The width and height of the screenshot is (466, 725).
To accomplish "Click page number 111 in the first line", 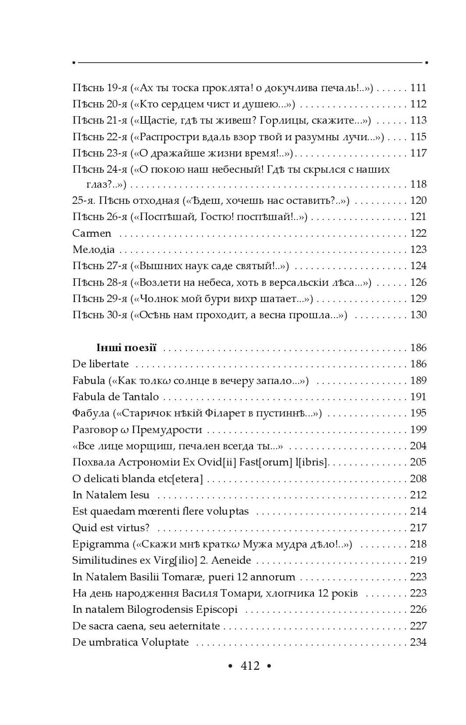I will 418,88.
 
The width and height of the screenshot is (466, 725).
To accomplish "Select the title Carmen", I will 92,233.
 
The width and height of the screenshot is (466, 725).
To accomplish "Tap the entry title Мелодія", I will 93,250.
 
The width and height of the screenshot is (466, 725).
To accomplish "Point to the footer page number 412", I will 250,666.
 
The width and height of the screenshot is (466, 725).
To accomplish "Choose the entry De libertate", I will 100,364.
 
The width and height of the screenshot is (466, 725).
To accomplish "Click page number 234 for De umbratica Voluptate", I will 418,643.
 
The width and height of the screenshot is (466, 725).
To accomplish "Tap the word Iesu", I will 141,495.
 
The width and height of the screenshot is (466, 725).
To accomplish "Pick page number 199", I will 418,430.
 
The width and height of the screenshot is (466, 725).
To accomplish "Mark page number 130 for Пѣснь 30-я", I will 418,315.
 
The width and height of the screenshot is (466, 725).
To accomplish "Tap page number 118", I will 418,184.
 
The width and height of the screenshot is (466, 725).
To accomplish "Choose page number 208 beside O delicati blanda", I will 418,479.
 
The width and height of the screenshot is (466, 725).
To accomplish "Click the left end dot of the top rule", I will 74,63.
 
